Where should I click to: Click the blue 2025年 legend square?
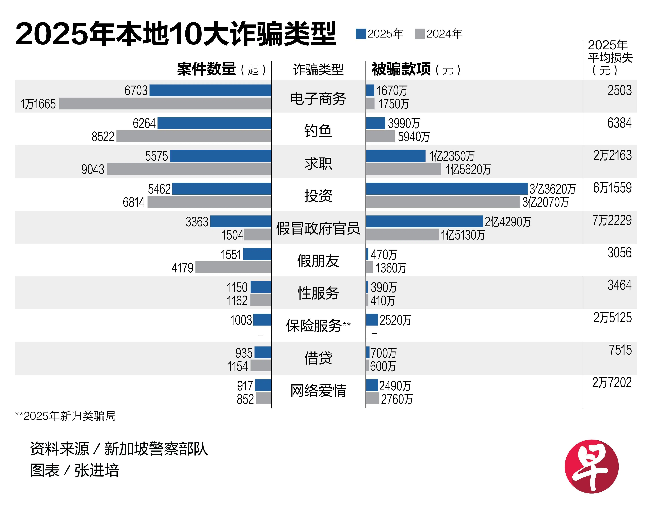coord(361,34)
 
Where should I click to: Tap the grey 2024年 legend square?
coord(419,34)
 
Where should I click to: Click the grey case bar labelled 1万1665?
coord(165,104)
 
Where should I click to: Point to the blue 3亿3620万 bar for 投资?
coord(447,189)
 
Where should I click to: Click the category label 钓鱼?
coord(318,131)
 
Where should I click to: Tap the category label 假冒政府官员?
coord(318,229)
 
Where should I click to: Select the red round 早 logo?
coord(591,466)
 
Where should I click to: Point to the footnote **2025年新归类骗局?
coord(65,416)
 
